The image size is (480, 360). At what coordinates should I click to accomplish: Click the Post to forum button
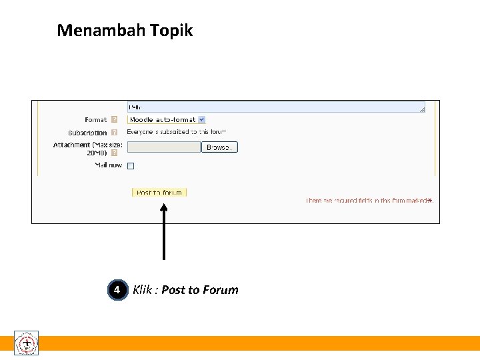tap(159, 193)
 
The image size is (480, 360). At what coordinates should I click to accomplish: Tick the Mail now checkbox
tap(131, 166)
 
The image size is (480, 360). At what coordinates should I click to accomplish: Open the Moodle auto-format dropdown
tap(167, 120)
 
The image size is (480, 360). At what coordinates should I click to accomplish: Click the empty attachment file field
tap(163, 147)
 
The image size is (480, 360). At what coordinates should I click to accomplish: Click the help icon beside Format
tap(114, 120)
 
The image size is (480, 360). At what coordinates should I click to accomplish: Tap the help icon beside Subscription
tap(114, 133)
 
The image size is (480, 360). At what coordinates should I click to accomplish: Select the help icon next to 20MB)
tap(114, 153)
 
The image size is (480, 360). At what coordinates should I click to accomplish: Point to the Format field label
tap(95, 120)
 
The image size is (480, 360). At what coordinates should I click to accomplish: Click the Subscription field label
tap(87, 133)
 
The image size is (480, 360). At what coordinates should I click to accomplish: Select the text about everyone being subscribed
tap(176, 132)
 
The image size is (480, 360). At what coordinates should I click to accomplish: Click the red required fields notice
tap(366, 201)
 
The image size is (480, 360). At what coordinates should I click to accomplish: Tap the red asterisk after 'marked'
tap(430, 200)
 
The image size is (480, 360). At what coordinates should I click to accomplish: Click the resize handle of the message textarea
tap(421, 109)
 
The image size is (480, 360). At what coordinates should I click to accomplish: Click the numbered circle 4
tap(117, 290)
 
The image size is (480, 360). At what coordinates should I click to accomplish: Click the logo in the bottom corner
tap(27, 343)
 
